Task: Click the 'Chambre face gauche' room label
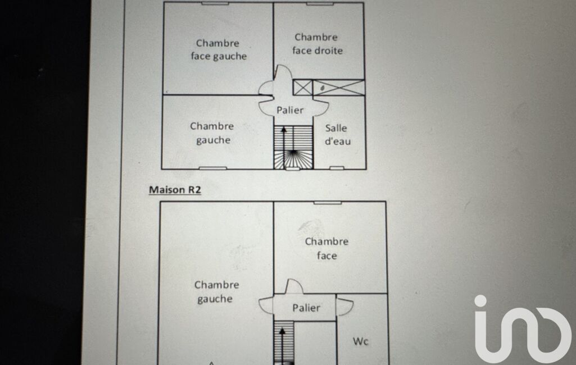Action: (219, 49)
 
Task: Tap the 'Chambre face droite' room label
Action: (318, 44)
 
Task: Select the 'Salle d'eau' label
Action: (338, 134)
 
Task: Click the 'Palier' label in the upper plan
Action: (290, 110)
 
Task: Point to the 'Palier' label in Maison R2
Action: (306, 307)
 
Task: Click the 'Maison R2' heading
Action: (175, 189)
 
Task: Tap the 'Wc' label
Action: (360, 341)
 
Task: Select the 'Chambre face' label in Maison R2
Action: (326, 248)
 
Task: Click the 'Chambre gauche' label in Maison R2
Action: (216, 291)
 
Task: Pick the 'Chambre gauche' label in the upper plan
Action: (212, 133)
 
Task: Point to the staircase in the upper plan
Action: (293, 147)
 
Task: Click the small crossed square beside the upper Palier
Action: (302, 88)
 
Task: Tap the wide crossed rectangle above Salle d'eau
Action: (338, 88)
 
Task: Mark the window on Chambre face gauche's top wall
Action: (215, 4)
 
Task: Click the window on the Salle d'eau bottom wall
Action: (337, 168)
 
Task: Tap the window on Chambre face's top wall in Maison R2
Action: (327, 203)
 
